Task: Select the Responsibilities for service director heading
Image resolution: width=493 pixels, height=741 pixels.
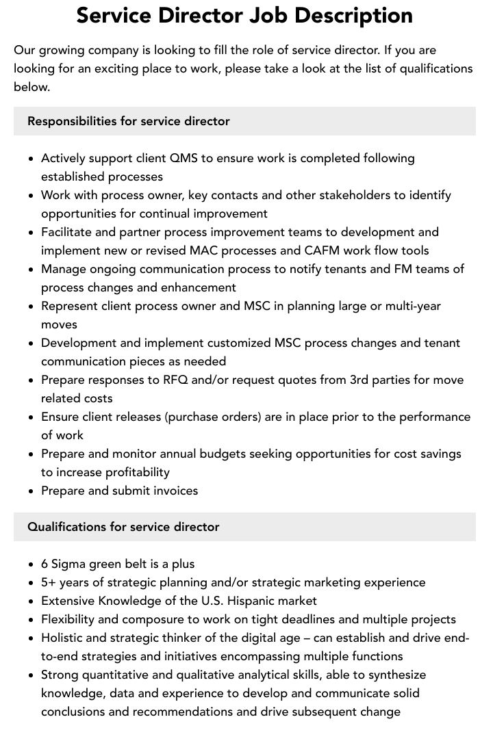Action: click(129, 121)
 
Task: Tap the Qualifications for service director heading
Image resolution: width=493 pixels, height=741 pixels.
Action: click(123, 527)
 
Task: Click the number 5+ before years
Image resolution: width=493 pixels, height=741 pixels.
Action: click(49, 582)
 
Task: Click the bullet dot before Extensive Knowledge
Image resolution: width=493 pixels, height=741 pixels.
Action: click(31, 601)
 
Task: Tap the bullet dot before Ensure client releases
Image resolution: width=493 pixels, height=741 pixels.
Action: click(31, 417)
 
